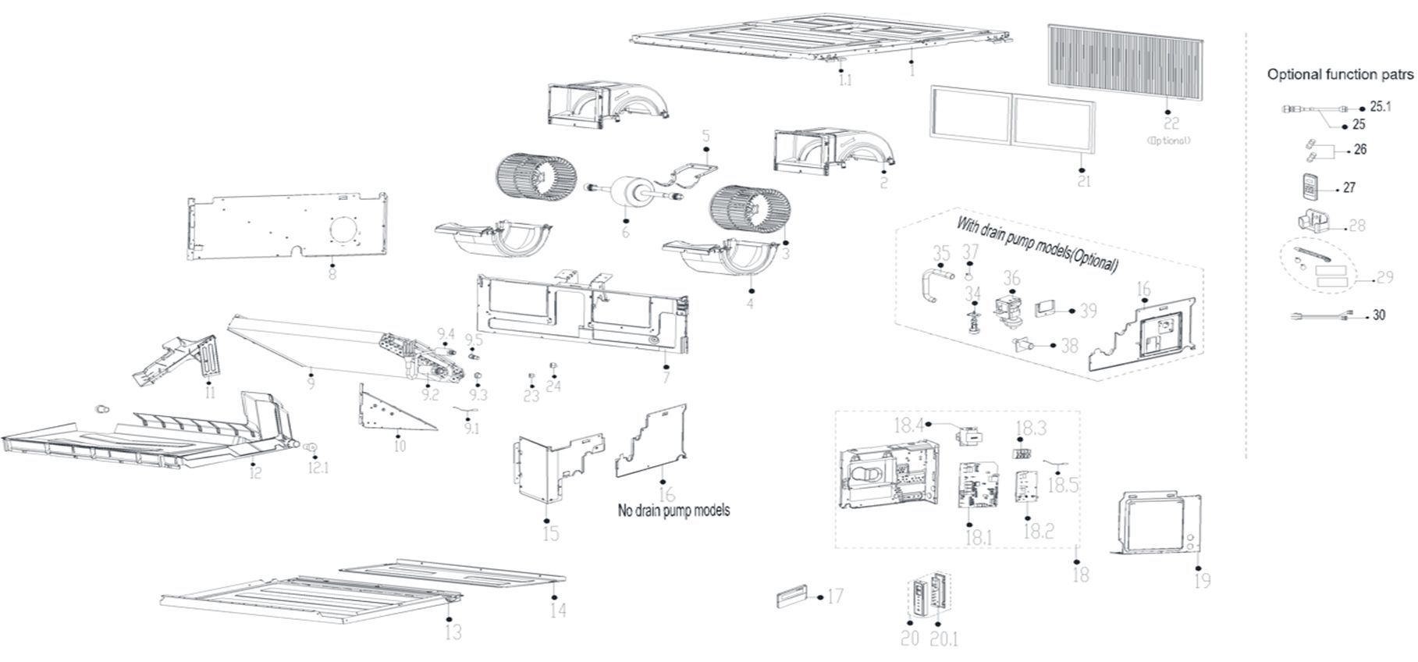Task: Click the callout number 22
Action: (1171, 123)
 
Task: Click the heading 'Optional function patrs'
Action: (1339, 75)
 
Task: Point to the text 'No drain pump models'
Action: (674, 511)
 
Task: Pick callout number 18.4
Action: (909, 425)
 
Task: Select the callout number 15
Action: (551, 535)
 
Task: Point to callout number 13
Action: (453, 632)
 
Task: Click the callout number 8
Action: (332, 275)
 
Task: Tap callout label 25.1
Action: (1381, 106)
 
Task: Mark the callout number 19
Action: (1203, 581)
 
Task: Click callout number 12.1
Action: (318, 468)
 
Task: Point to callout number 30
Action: (1380, 315)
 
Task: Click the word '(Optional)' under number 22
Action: (1168, 141)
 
